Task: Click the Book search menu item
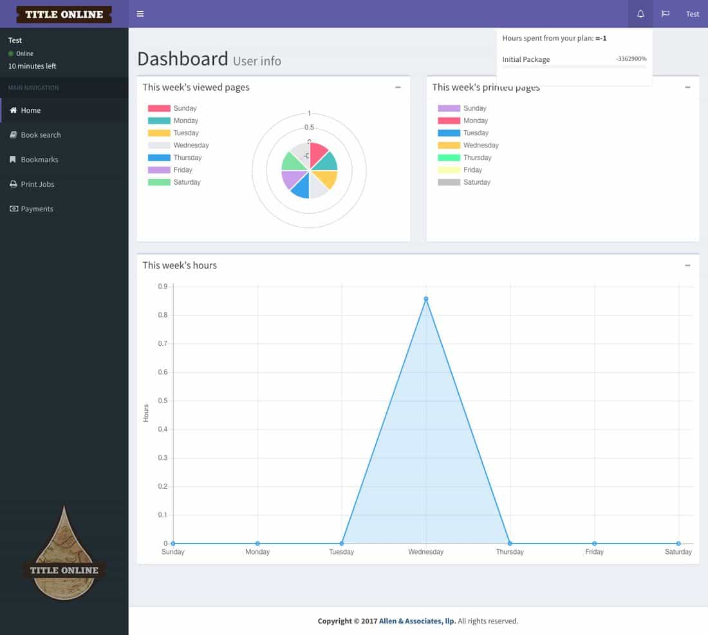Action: coord(41,135)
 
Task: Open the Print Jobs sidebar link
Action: coord(37,184)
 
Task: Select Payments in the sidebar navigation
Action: coord(37,209)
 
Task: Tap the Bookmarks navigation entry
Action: coord(39,160)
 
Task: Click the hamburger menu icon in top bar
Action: coord(140,14)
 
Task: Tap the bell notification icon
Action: coord(640,14)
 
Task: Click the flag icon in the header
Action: coord(666,14)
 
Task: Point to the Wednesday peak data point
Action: coord(426,299)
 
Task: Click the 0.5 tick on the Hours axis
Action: coord(163,401)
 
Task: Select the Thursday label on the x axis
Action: coord(510,552)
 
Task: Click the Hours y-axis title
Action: coord(146,413)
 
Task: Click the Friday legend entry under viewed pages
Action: coord(183,170)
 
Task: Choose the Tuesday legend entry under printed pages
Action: coord(476,133)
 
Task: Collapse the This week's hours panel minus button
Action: coord(687,265)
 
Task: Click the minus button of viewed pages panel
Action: coord(398,88)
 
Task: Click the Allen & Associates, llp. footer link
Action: coord(417,621)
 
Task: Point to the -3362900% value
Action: coord(631,59)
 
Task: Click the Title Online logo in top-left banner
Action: coord(64,14)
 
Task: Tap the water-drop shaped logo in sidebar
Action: coord(64,554)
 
